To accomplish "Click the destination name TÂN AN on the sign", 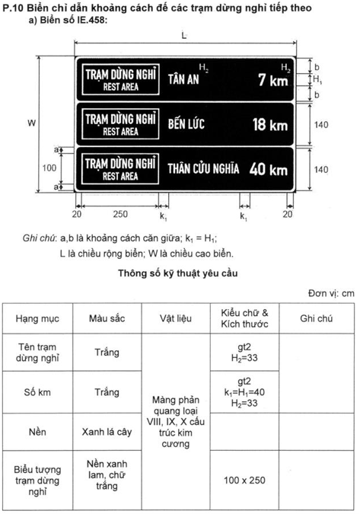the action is (183, 80).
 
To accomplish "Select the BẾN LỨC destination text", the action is (186, 124).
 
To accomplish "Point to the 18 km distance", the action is (269, 124).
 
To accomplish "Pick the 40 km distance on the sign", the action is (269, 168).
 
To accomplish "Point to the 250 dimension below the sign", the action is (119, 215).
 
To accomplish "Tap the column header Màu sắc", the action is (107, 319).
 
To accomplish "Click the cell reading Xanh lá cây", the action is (107, 432).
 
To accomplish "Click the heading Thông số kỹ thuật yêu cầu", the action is (180, 273).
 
